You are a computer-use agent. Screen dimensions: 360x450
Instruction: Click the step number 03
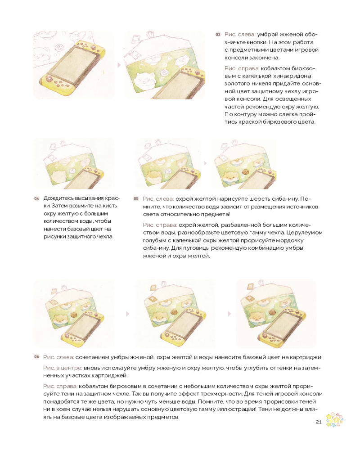pos(218,35)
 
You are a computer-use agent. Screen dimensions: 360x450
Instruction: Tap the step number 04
pos(36,198)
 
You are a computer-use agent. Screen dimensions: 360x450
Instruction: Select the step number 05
pos(136,198)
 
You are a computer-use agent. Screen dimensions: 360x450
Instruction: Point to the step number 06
pos(36,357)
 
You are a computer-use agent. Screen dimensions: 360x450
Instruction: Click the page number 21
pos(318,422)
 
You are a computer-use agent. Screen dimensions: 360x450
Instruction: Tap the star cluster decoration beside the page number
pos(334,419)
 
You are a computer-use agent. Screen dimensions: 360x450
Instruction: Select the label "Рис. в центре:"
pos(63,368)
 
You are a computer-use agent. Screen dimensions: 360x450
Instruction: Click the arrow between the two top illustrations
pos(119,65)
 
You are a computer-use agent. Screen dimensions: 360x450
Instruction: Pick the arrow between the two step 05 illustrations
pos(205,163)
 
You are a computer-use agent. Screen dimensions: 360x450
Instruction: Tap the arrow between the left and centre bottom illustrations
pos(127,314)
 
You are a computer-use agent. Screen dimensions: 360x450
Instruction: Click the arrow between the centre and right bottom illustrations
pos(229,314)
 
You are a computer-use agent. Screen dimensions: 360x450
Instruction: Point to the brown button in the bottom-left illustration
pos(74,315)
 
